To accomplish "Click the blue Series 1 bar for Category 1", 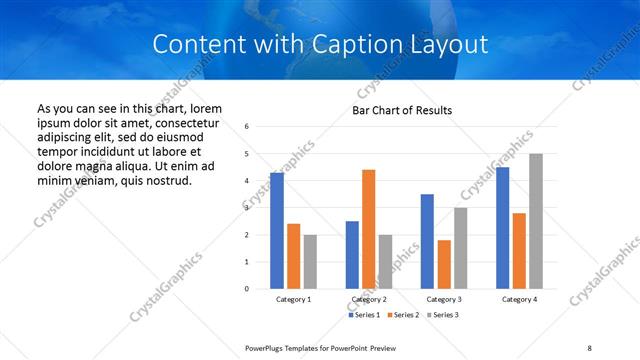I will [x=277, y=231].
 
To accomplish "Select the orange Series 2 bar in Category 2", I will [x=369, y=229].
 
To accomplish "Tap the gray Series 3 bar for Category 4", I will [x=536, y=221].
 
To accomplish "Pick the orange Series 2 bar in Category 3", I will [x=444, y=264].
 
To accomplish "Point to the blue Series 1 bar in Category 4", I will [x=502, y=228].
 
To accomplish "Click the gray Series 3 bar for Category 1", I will [x=310, y=262].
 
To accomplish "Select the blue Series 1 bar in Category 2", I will [x=352, y=255].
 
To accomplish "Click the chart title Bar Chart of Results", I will [x=403, y=110].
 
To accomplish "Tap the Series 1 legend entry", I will [x=364, y=315].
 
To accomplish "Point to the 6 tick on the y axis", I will [x=247, y=127].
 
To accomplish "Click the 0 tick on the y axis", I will [x=247, y=289].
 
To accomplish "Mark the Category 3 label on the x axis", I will [x=443, y=299].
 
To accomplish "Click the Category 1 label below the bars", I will [x=293, y=299].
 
